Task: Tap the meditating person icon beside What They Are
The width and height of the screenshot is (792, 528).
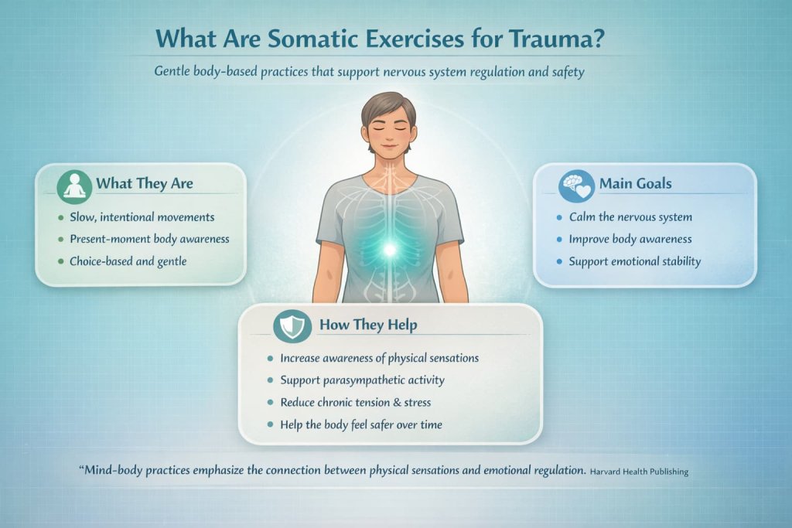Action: coord(75,185)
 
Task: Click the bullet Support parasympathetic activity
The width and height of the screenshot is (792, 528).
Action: coord(363,381)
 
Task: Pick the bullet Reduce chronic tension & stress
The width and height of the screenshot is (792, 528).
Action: coord(356,403)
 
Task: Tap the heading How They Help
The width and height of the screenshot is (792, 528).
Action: coord(368,325)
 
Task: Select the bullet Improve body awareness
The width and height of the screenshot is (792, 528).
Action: coord(630,238)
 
